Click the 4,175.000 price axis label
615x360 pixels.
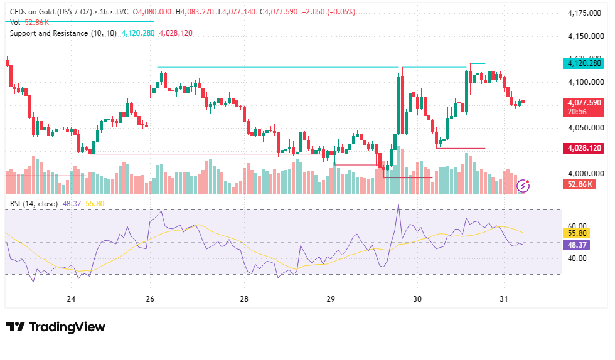584,13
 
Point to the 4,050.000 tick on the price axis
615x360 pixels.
586,128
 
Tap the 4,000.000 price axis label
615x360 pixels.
586,173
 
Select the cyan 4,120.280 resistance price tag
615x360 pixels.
584,63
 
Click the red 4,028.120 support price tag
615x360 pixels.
584,148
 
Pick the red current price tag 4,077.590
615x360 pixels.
584,107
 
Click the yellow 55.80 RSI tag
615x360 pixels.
577,233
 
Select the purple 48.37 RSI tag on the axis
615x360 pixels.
577,245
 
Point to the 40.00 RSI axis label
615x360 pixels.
577,258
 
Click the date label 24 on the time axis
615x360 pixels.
71,299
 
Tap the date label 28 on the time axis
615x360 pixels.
244,299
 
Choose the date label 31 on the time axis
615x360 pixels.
503,299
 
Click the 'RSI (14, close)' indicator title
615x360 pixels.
34,204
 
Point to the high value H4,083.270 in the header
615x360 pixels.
195,12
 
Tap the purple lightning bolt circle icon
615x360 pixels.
523,186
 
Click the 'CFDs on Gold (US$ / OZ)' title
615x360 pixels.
51,12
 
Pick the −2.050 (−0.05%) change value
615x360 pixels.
328,12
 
